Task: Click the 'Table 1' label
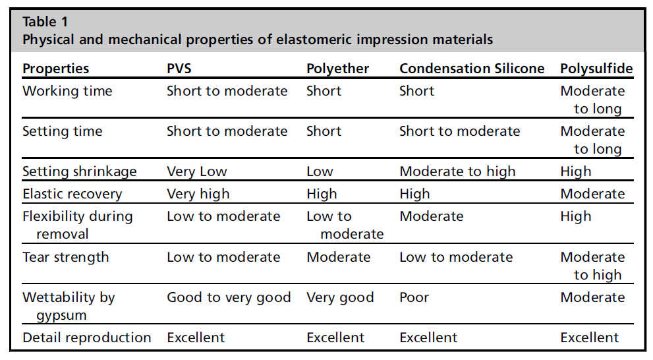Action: pos(45,22)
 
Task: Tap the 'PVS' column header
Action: pos(179,69)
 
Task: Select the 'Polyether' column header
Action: pos(338,69)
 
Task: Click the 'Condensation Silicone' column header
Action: pos(472,69)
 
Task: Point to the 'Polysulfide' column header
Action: pos(596,69)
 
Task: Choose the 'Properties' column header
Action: pos(56,69)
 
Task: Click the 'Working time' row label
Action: pos(67,91)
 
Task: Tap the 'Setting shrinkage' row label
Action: pos(80,171)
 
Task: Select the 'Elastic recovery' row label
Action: pos(72,194)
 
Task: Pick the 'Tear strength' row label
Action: pos(66,257)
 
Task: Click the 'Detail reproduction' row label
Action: pos(86,338)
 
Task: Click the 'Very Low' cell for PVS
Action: pos(197,171)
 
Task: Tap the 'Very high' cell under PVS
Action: pos(198,194)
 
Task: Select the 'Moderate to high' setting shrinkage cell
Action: pos(458,171)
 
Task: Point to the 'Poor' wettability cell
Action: pos(414,297)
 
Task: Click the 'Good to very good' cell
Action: pos(229,297)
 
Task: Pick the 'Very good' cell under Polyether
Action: pos(340,297)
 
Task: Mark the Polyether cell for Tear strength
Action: pos(339,257)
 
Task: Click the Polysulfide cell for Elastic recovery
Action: pos(592,194)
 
